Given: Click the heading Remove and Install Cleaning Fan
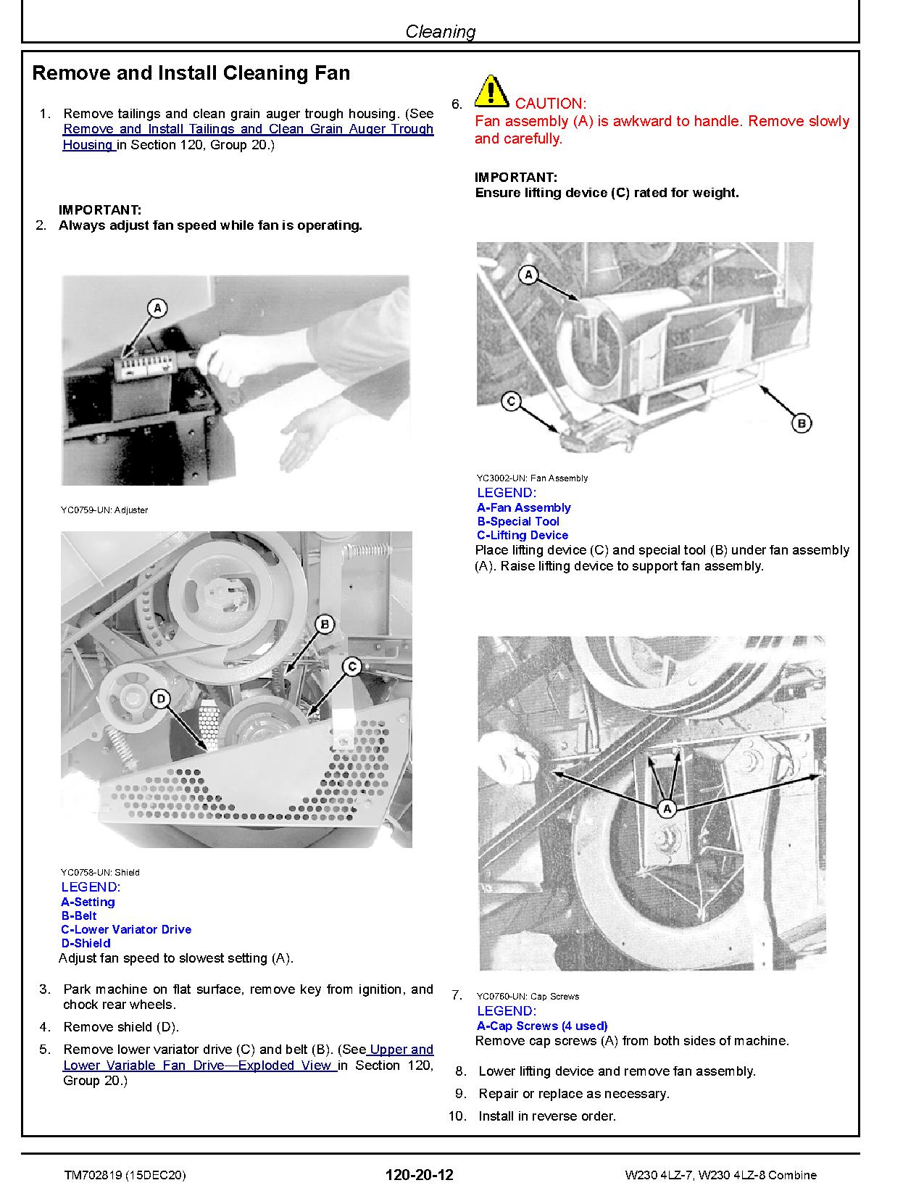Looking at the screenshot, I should coord(191,73).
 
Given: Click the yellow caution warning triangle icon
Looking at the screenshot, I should coord(491,91).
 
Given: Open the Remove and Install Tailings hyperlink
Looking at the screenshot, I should coord(248,129).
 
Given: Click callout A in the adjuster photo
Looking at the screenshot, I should coord(157,308).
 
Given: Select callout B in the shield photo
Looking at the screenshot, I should coord(325,624).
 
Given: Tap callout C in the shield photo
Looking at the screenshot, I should coord(351,666).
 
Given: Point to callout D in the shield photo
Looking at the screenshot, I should coord(161,698).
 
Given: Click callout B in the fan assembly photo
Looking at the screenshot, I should coord(801,423).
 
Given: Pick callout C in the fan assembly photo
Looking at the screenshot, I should coord(512,400).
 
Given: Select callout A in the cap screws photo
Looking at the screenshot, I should coord(667,808).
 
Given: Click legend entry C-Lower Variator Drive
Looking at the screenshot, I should coord(126,929).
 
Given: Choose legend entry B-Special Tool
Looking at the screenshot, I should coord(518,521).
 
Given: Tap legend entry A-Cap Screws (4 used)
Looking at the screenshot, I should coord(542,1026).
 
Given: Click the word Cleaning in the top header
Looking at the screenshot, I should coord(441,31).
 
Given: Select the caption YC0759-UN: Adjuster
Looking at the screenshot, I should coord(104,510).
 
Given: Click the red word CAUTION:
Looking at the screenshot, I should coord(551,104).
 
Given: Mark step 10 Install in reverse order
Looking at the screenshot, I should coord(546,1116).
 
